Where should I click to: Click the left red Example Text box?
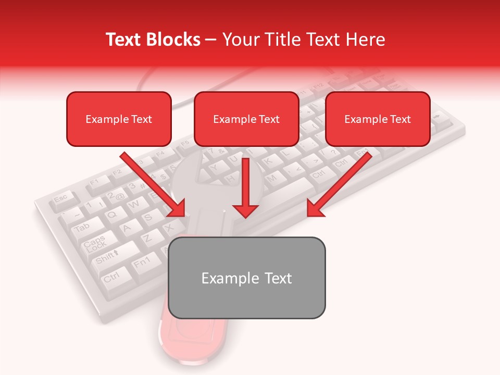(119, 119)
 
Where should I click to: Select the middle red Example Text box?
(246, 119)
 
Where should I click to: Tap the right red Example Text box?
(378, 119)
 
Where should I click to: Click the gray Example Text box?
(246, 278)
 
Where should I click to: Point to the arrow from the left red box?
(154, 185)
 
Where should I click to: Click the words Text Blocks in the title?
(153, 40)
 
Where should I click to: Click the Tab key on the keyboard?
(82, 228)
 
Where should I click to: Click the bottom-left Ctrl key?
(111, 277)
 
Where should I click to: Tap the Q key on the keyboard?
(111, 214)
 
